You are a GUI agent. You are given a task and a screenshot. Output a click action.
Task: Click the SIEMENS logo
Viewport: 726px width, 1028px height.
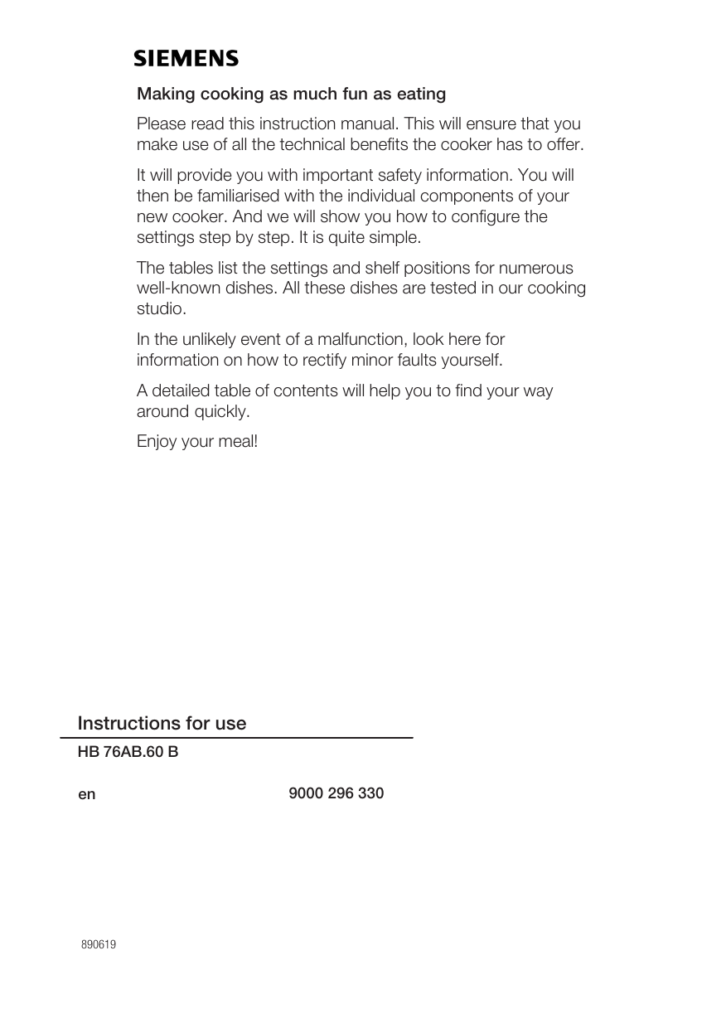click(186, 59)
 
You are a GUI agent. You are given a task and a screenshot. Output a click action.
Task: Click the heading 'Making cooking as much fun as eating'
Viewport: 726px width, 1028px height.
click(291, 95)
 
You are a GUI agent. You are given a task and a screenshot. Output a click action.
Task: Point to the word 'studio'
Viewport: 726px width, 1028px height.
click(161, 309)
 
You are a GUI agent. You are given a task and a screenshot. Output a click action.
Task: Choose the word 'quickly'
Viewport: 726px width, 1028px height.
click(220, 412)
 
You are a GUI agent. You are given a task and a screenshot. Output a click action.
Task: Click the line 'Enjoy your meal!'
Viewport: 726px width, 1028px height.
click(197, 442)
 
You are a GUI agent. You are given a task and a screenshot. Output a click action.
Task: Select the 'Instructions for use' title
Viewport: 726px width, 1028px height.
click(162, 724)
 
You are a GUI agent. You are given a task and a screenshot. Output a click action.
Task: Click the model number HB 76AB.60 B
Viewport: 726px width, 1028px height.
click(128, 753)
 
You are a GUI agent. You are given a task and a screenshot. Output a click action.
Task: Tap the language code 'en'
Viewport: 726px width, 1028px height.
click(86, 794)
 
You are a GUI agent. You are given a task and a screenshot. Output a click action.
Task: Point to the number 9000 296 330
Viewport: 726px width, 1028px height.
click(336, 793)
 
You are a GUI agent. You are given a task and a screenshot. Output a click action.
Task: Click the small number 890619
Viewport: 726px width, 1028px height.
click(98, 945)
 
